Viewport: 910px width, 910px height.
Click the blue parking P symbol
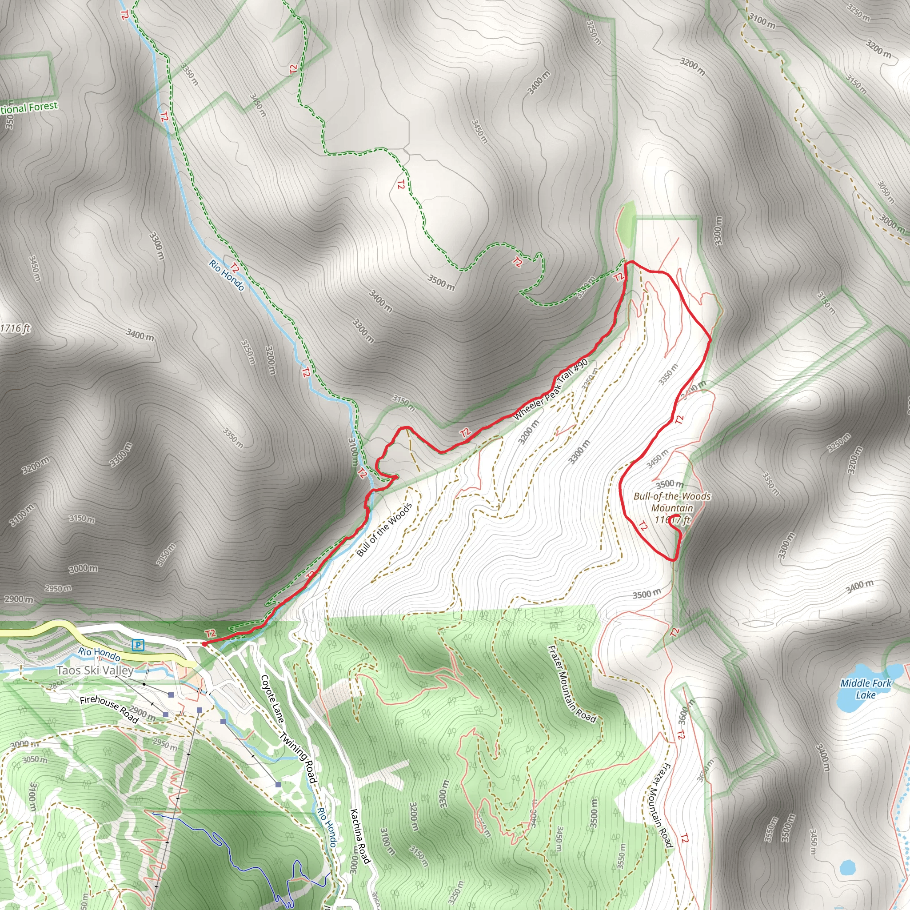pos(138,645)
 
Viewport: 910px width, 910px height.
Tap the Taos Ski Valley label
pos(95,670)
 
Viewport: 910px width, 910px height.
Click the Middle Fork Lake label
pos(866,689)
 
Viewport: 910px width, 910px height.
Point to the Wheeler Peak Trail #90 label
pos(550,390)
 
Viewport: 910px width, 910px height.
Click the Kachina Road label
pos(360,836)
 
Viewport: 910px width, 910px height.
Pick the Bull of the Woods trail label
pos(384,529)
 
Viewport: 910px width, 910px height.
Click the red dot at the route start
pos(204,644)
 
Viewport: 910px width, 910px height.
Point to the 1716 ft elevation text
pos(15,328)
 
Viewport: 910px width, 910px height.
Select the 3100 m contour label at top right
pos(762,21)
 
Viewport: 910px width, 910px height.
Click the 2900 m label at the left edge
pos(19,599)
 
